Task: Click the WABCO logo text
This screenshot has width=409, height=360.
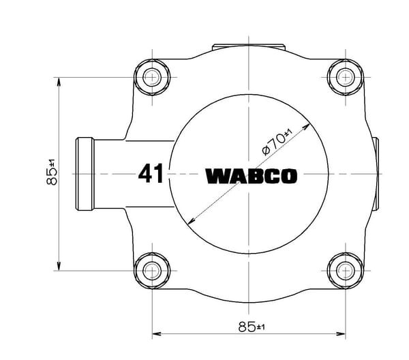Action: coord(251,177)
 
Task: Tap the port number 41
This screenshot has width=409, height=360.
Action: coord(151,173)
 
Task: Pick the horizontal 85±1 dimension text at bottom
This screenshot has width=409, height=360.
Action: coord(252,327)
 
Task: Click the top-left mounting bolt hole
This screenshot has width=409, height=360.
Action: coord(152,77)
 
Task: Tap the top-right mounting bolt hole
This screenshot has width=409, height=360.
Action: coord(346,77)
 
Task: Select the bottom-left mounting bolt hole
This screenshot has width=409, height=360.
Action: coord(152,271)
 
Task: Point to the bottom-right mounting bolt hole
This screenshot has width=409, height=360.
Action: coord(346,271)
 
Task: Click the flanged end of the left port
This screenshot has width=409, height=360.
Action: coord(85,174)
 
